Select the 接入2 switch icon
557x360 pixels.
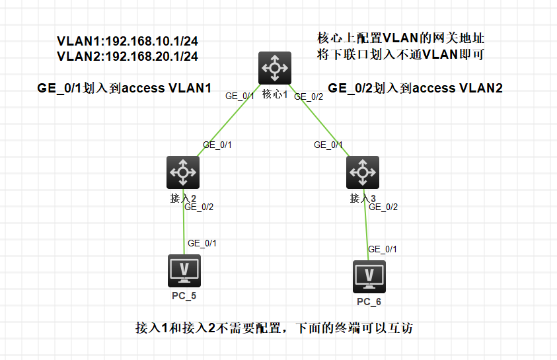[x=183, y=172]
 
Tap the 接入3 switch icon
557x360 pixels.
[x=362, y=172]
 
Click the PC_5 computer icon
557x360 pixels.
[x=184, y=271]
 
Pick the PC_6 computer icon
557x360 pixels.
[x=369, y=277]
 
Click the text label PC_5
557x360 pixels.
[x=184, y=295]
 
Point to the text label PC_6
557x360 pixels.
[x=369, y=302]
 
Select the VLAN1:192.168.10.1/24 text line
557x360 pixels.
[x=128, y=41]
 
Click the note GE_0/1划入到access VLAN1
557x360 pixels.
[x=125, y=88]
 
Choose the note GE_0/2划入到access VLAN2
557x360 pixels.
[x=415, y=88]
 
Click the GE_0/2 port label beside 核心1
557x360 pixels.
[x=308, y=96]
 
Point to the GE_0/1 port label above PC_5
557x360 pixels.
[x=202, y=243]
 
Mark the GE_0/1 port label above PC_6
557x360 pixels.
[x=383, y=249]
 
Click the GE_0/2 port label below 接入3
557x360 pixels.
[x=383, y=207]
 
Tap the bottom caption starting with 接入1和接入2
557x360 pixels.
[x=274, y=328]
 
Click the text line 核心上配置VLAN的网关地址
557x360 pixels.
[x=402, y=38]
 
